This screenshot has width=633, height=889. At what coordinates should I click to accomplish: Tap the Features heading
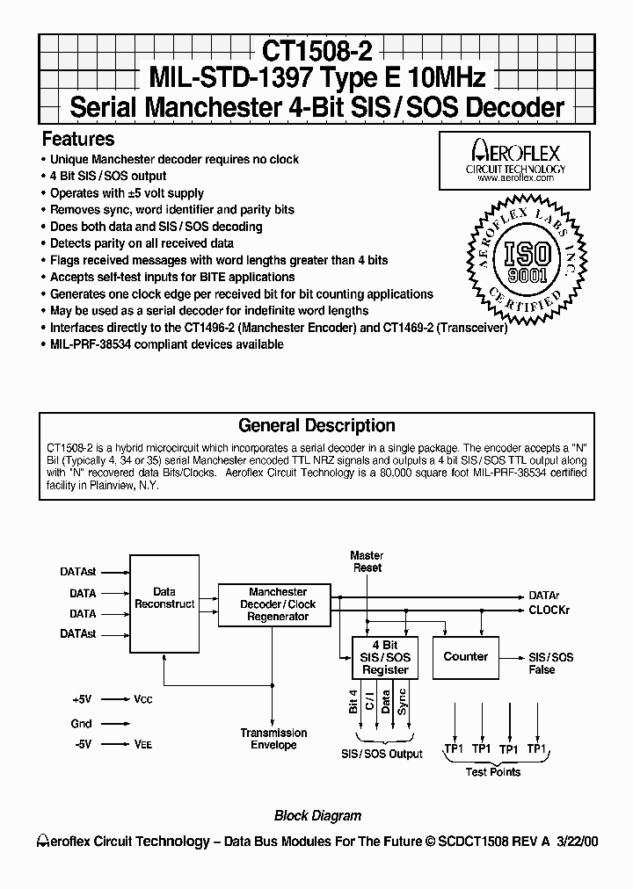click(x=78, y=139)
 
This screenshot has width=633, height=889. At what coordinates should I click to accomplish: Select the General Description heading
click(x=316, y=425)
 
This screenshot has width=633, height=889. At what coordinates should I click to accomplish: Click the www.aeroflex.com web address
click(x=514, y=177)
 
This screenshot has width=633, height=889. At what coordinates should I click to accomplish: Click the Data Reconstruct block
click(x=164, y=598)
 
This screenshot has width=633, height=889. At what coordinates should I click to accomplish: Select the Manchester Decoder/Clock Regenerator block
click(x=278, y=604)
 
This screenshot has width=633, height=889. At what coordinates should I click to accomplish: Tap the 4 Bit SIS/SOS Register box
click(x=386, y=657)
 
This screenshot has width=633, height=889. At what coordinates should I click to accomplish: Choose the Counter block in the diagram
click(x=465, y=656)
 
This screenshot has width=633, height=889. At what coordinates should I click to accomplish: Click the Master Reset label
click(x=367, y=561)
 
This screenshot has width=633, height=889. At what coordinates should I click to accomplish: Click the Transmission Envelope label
click(x=273, y=739)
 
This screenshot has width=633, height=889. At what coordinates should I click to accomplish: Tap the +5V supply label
click(x=82, y=699)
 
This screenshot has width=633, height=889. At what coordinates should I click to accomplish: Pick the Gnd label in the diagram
click(x=81, y=723)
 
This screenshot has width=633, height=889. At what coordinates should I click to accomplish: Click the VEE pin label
click(x=142, y=744)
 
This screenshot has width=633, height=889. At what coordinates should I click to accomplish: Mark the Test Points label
click(x=492, y=772)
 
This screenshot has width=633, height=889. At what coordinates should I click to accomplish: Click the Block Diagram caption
click(x=317, y=815)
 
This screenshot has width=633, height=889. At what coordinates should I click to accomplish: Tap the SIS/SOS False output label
click(x=550, y=663)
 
